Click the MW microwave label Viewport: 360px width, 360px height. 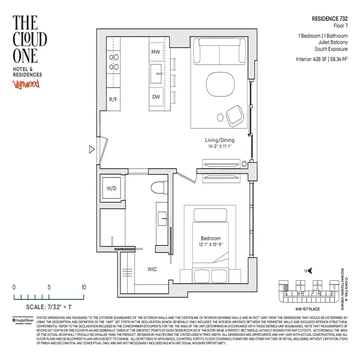[x=156, y=52]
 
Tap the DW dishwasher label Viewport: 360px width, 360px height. [x=156, y=97]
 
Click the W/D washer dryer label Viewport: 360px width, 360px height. [x=111, y=189]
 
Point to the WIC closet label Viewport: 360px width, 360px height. [x=152, y=270]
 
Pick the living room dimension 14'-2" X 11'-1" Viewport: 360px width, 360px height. [x=217, y=147]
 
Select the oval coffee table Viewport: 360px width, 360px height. [x=220, y=84]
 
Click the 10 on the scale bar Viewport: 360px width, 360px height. [x=83, y=287]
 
